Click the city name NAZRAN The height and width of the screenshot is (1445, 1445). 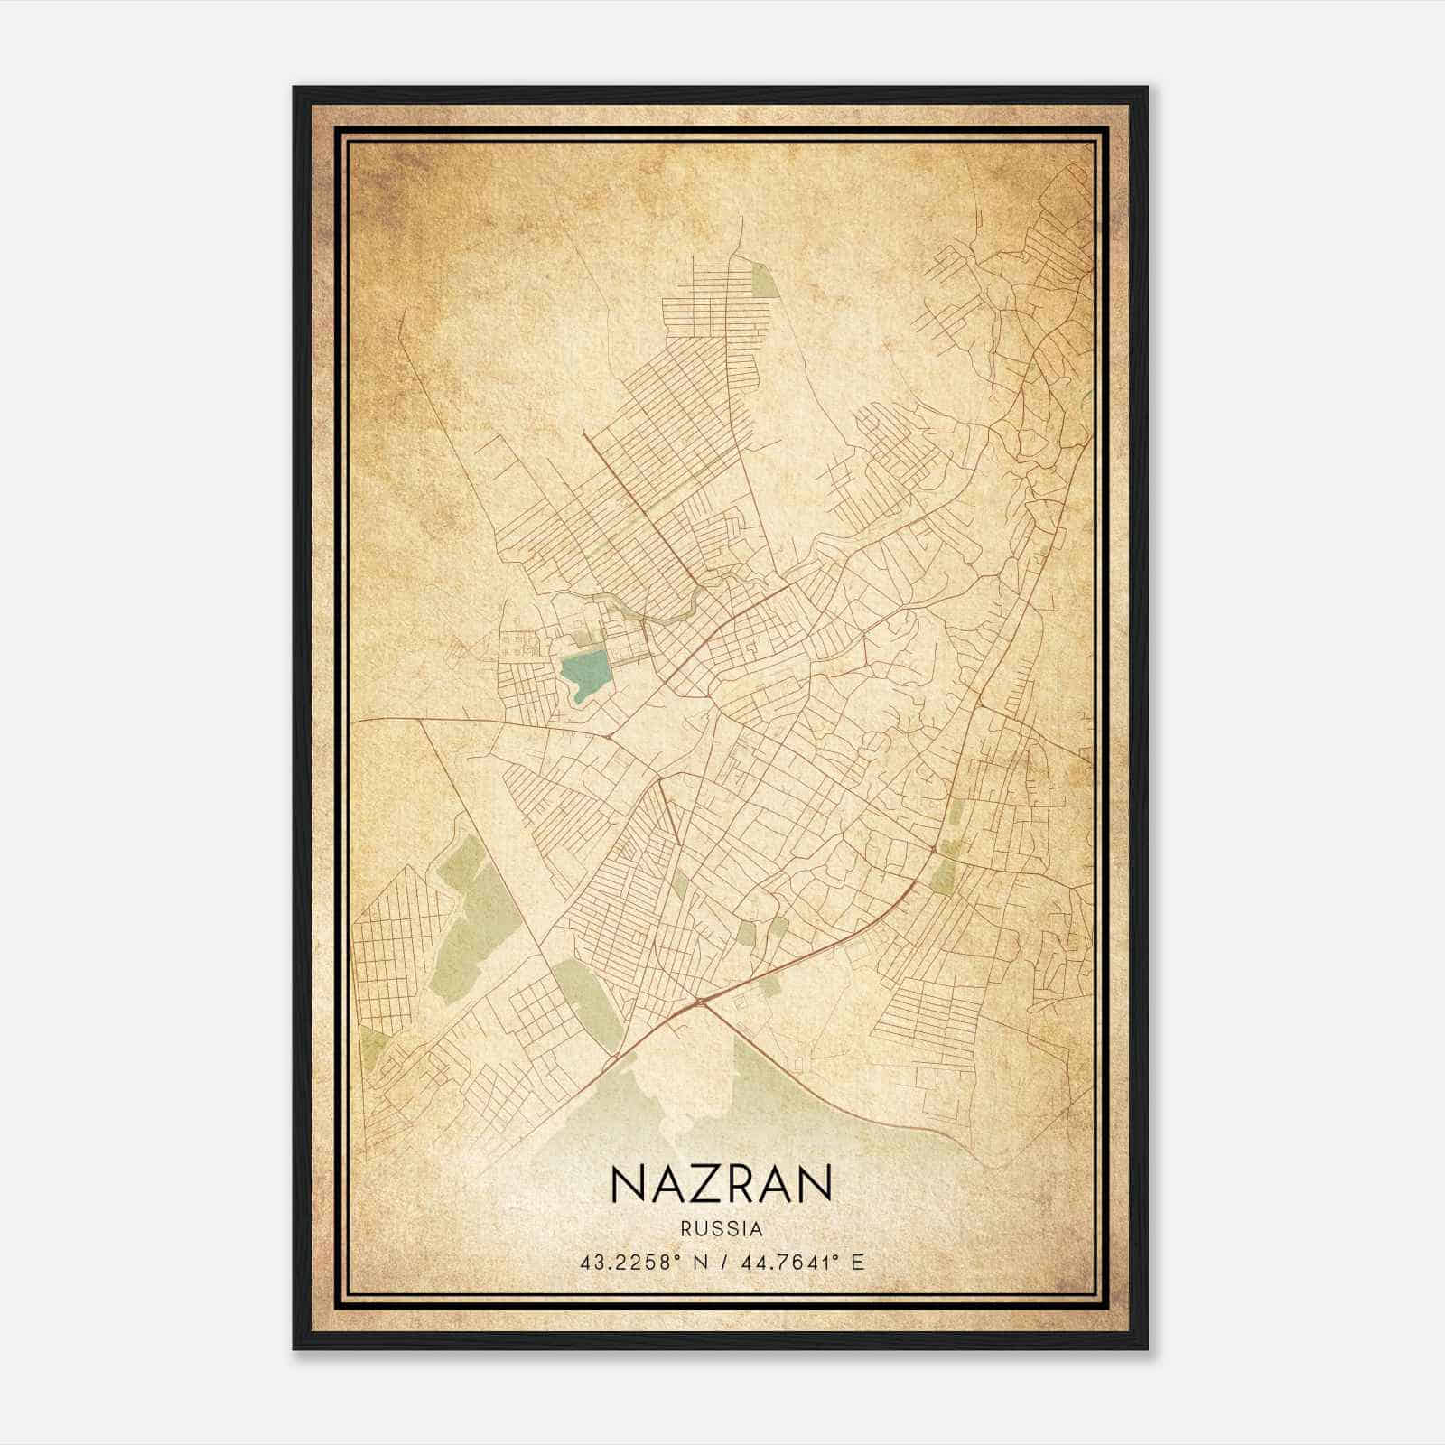[722, 1184]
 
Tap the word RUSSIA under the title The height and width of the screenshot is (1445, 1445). [722, 1229]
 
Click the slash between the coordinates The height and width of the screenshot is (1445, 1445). [722, 1262]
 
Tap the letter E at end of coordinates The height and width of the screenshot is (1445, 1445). [859, 1262]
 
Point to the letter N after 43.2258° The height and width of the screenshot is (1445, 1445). [700, 1262]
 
